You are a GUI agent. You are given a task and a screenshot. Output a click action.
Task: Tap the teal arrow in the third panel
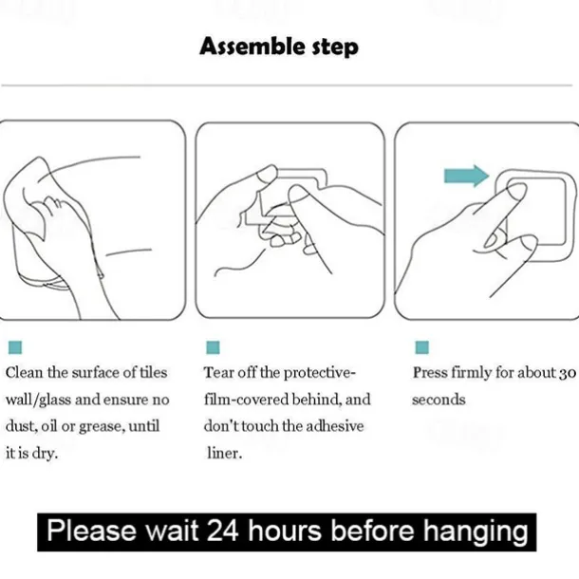(x=466, y=176)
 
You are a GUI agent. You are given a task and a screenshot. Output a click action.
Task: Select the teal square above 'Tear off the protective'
(x=213, y=348)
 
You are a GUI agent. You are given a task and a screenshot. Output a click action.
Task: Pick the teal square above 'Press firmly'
(x=421, y=348)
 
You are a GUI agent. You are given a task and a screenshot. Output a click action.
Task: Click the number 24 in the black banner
(x=224, y=530)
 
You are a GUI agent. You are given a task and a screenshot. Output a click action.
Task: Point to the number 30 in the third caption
(x=567, y=373)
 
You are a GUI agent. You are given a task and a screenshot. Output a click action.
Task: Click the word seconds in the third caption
(x=439, y=400)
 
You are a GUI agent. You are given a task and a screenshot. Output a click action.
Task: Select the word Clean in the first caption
(x=24, y=373)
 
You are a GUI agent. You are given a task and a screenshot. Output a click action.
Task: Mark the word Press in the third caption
(x=429, y=373)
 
